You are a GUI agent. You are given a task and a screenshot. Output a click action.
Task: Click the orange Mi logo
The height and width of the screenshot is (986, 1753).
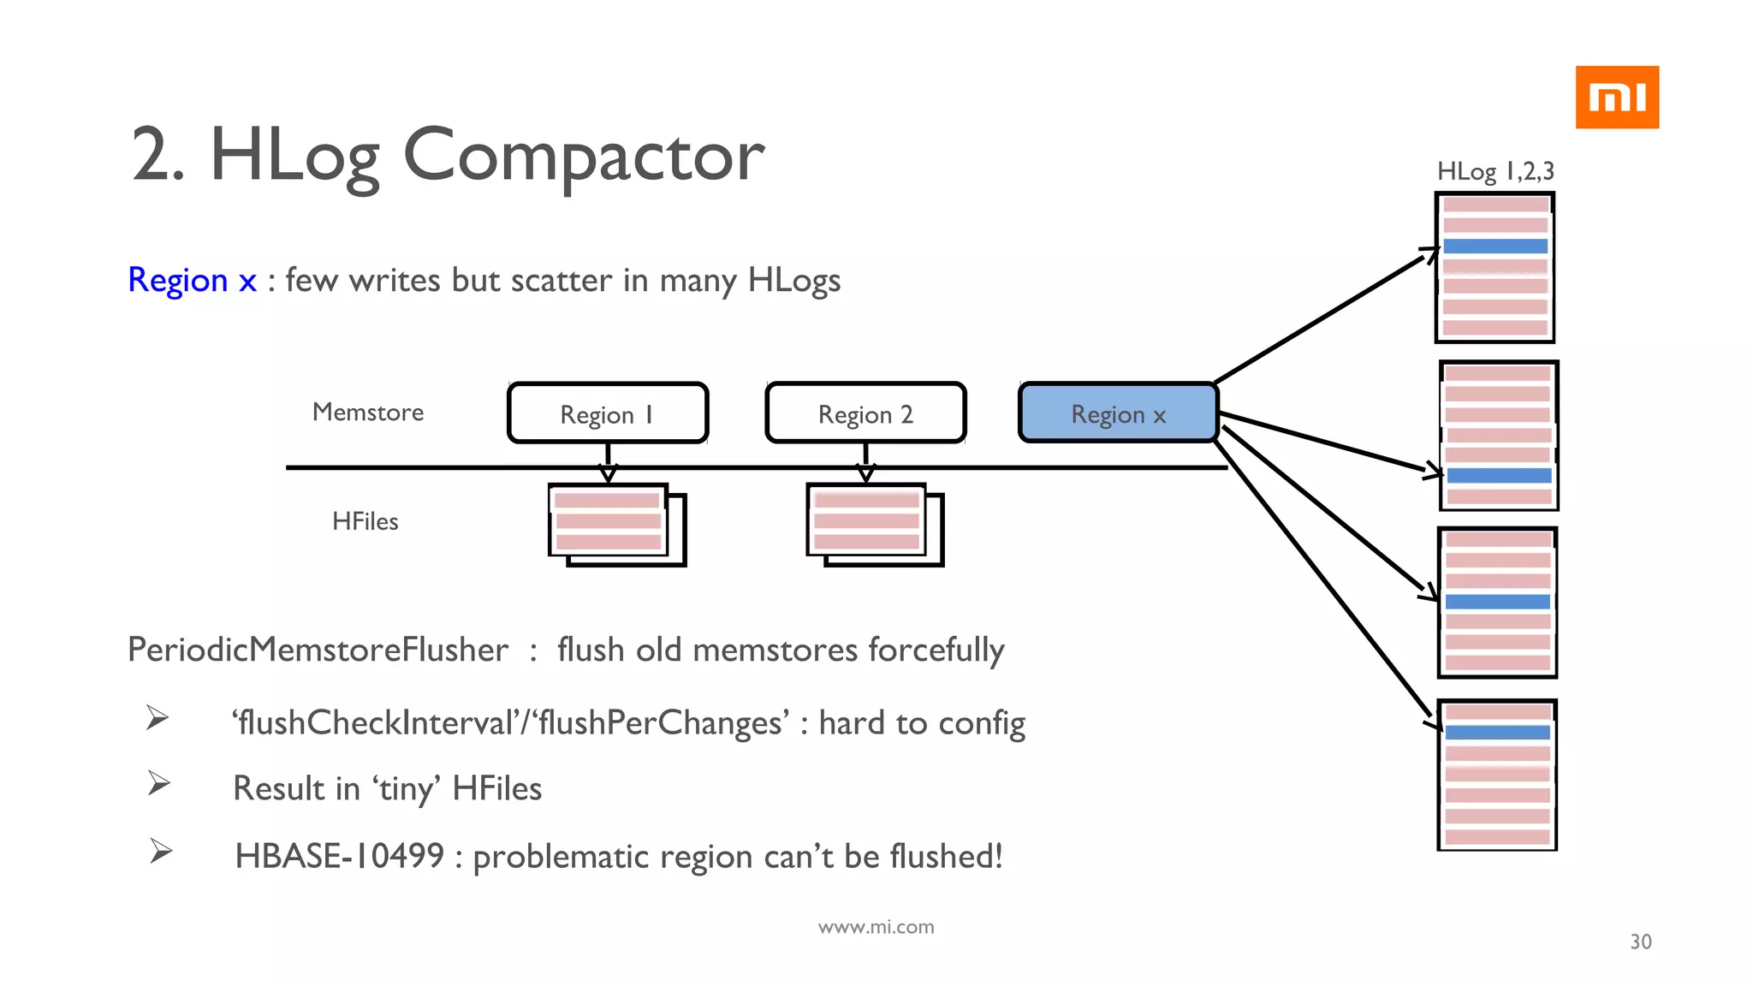coord(1617,98)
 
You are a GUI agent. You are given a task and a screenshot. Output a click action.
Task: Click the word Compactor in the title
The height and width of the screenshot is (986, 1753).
coord(583,156)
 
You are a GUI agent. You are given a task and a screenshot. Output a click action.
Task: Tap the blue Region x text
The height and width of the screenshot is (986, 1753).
coord(192,280)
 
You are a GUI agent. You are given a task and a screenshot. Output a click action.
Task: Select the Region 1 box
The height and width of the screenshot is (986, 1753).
coord(608,413)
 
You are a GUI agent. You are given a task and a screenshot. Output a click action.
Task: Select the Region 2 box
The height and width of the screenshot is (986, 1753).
coord(865,413)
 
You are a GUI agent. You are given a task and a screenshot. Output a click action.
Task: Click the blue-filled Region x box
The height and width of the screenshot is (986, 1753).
coord(1118,413)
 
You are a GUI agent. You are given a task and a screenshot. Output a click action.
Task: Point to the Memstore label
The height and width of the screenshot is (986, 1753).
coord(368,413)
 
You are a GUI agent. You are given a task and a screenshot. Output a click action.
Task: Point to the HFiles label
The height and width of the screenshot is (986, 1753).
coord(365,521)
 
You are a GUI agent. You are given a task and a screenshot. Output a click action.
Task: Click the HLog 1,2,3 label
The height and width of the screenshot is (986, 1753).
coord(1495,171)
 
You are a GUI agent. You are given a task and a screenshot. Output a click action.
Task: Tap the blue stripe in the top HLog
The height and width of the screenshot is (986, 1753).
coord(1495,246)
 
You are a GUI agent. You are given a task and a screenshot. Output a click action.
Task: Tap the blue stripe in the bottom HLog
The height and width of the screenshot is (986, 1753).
coord(1497,733)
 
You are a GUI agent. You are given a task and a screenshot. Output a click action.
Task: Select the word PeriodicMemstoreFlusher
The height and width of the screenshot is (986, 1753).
coord(318,650)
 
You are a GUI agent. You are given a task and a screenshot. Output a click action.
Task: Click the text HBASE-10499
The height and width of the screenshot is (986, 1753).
coord(340,856)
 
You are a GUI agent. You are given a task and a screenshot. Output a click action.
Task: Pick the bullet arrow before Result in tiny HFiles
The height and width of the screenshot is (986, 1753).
coord(158,783)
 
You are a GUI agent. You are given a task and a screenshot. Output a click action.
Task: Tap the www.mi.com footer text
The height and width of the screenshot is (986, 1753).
coord(876,927)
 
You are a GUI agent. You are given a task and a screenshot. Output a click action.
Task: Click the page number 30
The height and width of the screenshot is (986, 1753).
coord(1640,941)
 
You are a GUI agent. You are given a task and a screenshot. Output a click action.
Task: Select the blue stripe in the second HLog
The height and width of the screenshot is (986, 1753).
coord(1498,476)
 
